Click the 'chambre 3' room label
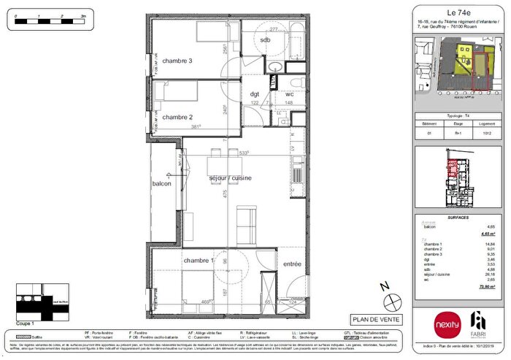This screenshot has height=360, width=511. point(177,61)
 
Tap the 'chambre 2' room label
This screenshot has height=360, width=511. point(177,117)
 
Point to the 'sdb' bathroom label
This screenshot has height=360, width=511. point(264,40)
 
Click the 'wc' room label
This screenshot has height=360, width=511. point(289,94)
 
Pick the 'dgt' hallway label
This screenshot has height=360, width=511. point(255,94)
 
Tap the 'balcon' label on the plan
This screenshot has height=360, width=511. point(161,184)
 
